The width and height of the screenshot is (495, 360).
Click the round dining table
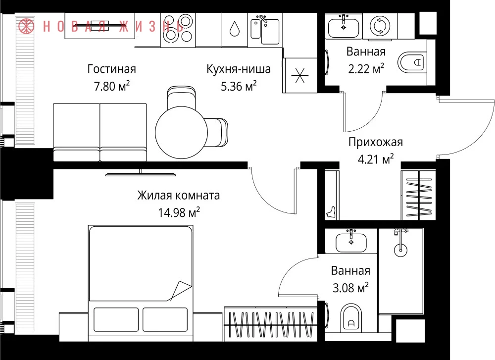[x=181, y=132]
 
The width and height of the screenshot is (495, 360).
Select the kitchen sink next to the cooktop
[x=265, y=30]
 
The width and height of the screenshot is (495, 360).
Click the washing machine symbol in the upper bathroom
[x=380, y=26]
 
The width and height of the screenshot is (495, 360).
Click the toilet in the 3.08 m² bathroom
[x=351, y=318]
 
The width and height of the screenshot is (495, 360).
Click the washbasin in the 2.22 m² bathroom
[x=344, y=27]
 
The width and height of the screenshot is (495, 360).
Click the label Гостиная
[x=111, y=69]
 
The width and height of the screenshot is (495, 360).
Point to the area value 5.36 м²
[x=239, y=86]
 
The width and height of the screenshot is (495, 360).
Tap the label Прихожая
[x=376, y=142]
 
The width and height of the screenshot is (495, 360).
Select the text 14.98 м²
[x=179, y=212]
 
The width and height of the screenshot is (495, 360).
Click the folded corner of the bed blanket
[x=181, y=291]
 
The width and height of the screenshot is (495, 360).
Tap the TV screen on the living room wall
[x=141, y=174]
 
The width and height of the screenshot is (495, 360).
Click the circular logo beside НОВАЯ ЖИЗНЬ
[x=26, y=25]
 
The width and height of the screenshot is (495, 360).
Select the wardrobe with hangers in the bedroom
[x=271, y=324]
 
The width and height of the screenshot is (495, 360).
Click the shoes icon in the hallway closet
[x=331, y=213]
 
